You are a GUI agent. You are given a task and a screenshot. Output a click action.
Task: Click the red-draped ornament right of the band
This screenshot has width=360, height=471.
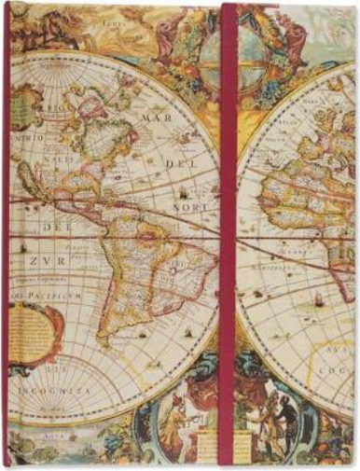coord(275,37)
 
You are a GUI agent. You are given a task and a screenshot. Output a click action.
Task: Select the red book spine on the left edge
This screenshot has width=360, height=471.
coord(5,233)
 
